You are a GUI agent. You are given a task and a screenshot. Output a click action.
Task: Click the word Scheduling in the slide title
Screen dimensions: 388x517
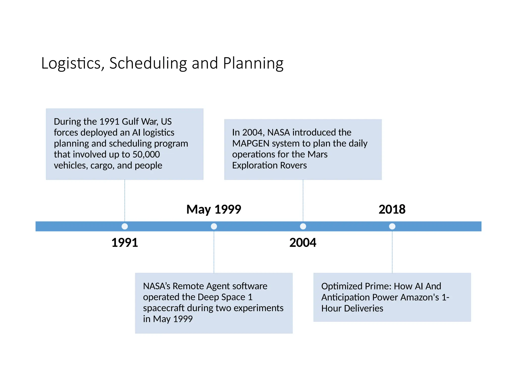[x=148, y=63]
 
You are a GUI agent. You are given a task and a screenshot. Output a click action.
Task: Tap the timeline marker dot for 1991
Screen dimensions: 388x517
[x=125, y=226]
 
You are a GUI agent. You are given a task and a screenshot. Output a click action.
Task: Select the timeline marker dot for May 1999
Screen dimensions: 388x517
[x=214, y=226]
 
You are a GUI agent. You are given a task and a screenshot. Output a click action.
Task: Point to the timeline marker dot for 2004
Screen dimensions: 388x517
[x=303, y=226]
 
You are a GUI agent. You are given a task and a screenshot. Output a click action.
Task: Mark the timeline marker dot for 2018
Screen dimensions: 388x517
[x=392, y=226]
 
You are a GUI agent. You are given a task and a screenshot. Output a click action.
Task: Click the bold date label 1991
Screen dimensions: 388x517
[x=125, y=243]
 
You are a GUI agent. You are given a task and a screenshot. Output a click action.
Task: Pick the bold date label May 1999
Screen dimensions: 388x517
[x=214, y=209]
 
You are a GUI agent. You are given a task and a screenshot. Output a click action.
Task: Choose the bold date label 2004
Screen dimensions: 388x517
[x=303, y=243]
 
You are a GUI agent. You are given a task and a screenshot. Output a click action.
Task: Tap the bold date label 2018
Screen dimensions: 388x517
[x=392, y=209]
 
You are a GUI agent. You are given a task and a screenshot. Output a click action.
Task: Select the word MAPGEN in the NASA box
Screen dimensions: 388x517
[x=251, y=143]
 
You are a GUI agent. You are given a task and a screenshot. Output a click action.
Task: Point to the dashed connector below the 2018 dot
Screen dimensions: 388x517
[x=392, y=253]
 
